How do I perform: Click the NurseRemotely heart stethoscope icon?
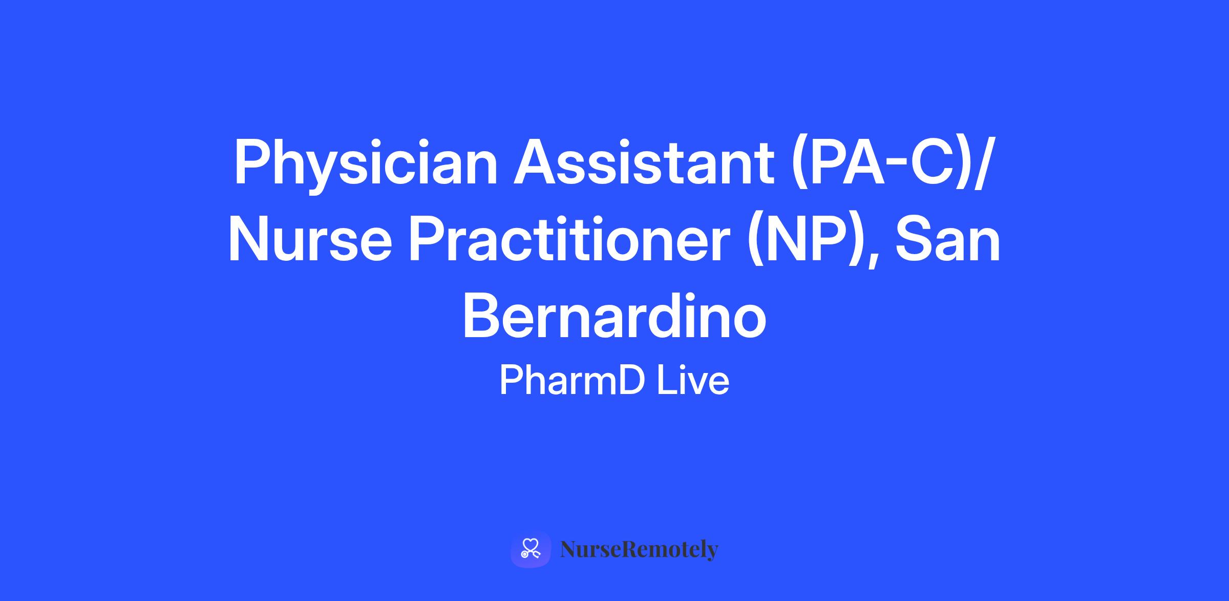(x=531, y=550)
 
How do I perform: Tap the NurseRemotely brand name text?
(x=640, y=550)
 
